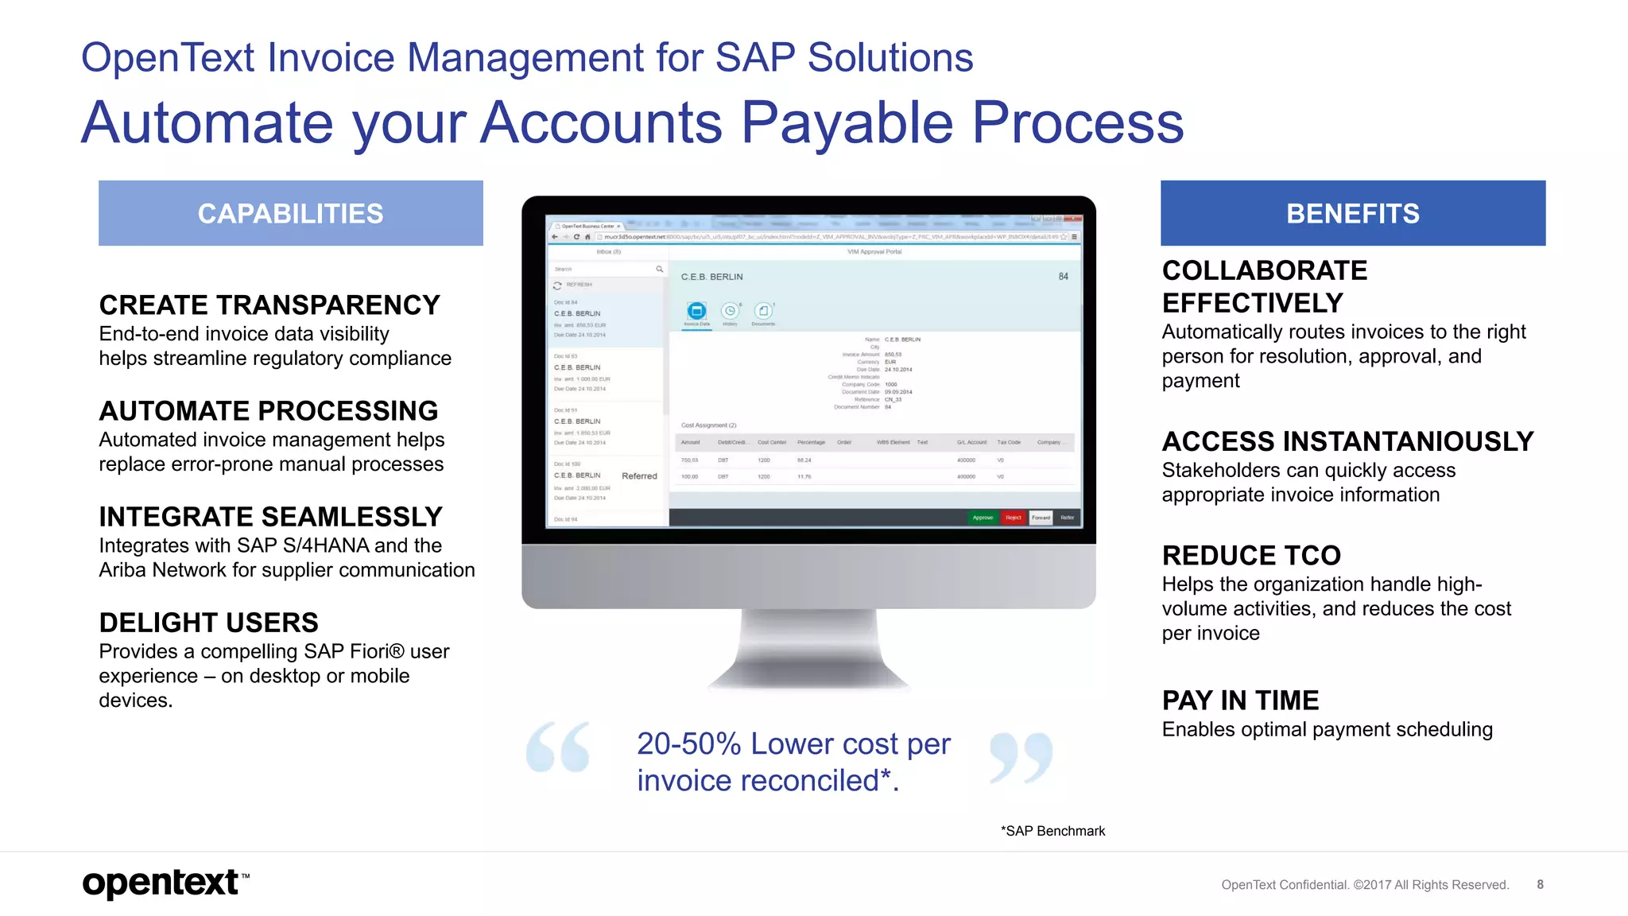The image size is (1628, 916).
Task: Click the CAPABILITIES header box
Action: [x=290, y=213]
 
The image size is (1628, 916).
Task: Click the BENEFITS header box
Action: [x=1352, y=213]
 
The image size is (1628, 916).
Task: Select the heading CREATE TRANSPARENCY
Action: [x=269, y=305]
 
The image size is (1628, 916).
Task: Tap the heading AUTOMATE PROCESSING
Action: [x=269, y=411]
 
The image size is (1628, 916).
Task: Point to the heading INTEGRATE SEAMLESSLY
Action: [x=270, y=517]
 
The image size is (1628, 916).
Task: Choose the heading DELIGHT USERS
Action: [x=208, y=623]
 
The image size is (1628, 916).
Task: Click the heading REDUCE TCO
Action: [x=1251, y=555]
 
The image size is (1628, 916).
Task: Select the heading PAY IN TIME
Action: [x=1240, y=701]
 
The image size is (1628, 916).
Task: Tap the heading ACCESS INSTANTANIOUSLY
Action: [x=1347, y=441]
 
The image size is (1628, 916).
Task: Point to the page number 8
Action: [x=1540, y=884]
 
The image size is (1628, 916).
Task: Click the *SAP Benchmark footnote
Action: [x=1052, y=831]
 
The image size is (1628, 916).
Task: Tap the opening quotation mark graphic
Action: [x=558, y=747]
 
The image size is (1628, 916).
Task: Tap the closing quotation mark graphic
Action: [x=1021, y=757]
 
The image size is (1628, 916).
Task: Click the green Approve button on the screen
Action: [x=983, y=518]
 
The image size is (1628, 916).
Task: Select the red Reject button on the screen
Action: [x=1013, y=518]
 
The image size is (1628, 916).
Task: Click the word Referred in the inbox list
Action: [x=639, y=476]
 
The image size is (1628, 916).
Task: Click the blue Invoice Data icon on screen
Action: [x=696, y=311]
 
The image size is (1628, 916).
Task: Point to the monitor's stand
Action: [x=808, y=648]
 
